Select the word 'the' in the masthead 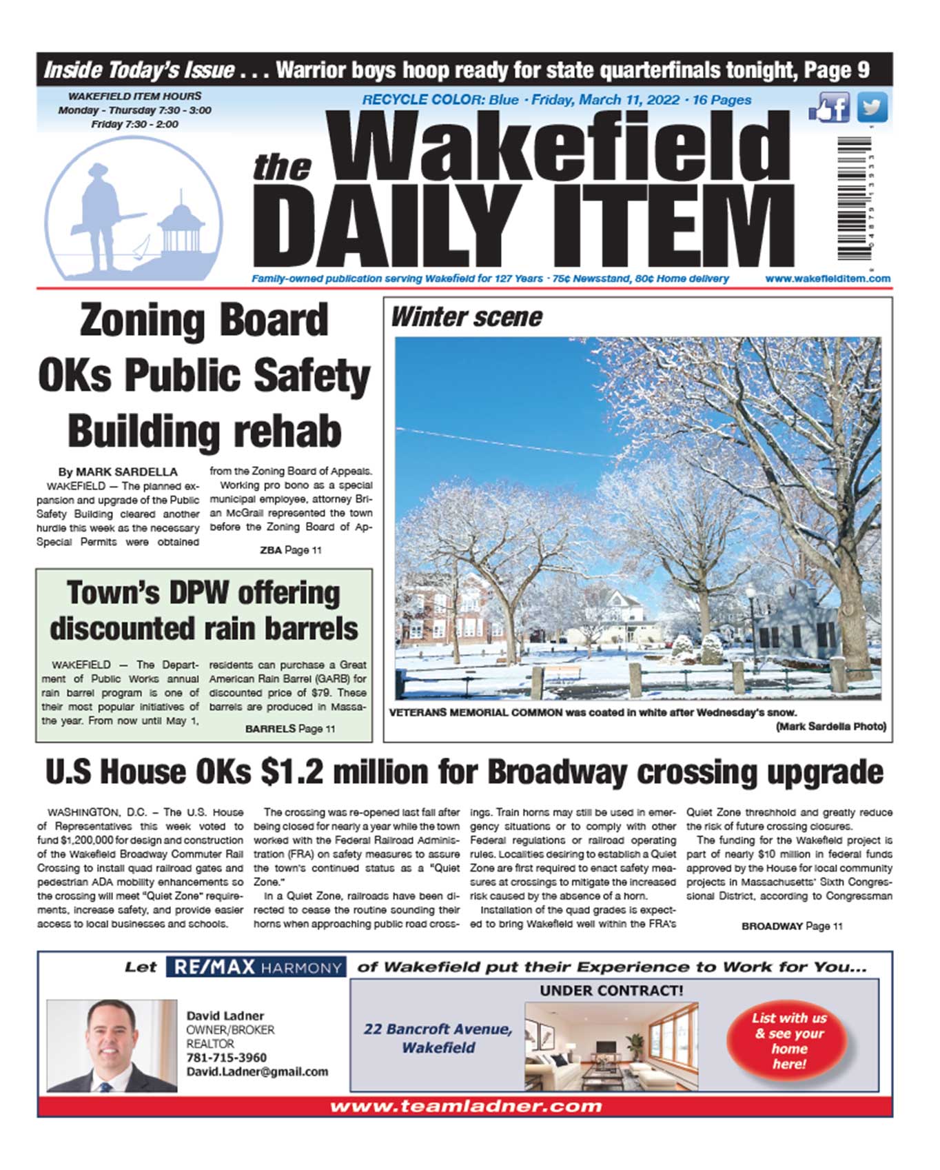[282, 168]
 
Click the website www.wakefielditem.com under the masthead [827, 279]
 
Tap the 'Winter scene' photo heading [467, 317]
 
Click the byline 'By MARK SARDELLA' [118, 472]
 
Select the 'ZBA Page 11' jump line [290, 550]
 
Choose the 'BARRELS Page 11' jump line [290, 729]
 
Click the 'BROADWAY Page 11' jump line [791, 926]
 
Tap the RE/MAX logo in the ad [256, 967]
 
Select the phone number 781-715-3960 [226, 1058]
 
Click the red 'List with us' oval [789, 1040]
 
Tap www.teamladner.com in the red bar [465, 1107]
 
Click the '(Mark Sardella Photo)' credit [830, 727]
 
